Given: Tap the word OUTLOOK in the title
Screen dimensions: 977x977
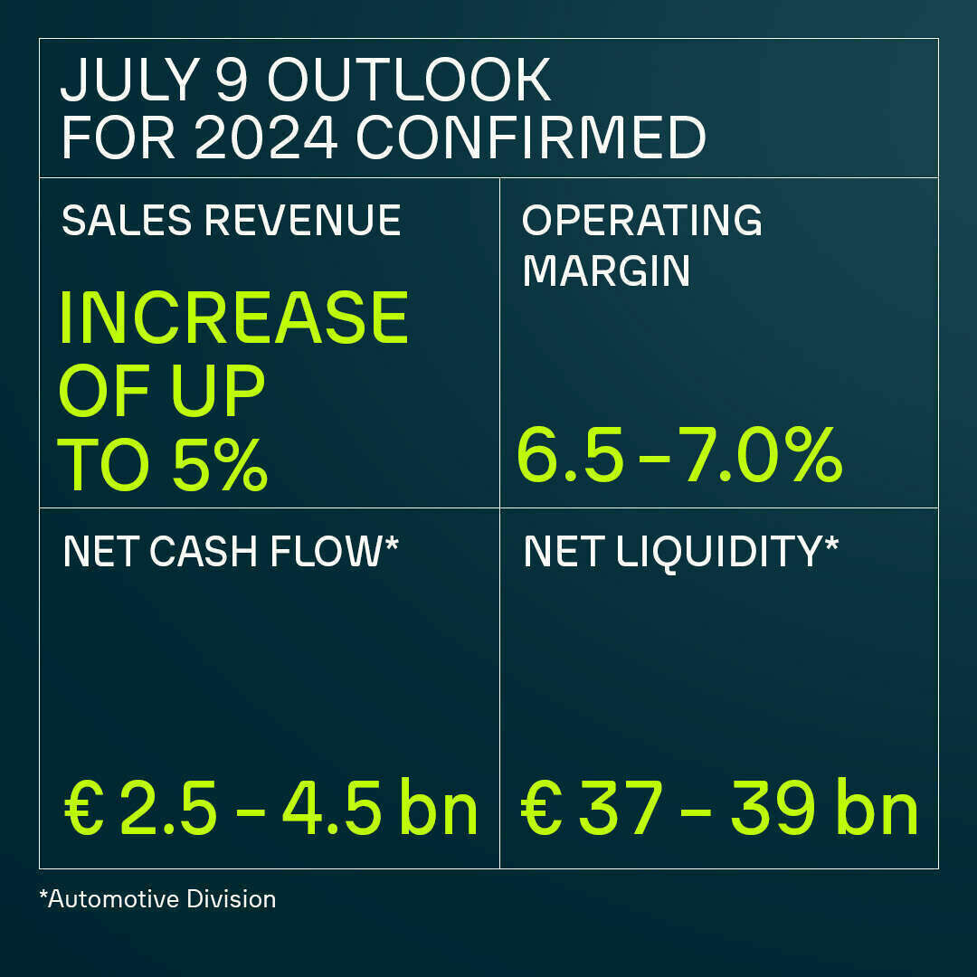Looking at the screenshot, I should tap(409, 81).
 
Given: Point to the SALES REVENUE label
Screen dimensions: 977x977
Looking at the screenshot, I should tap(231, 221).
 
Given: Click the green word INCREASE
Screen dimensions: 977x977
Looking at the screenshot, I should tap(233, 318).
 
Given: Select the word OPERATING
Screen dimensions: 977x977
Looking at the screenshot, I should tap(642, 221).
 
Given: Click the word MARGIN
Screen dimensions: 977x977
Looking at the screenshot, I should tap(606, 270).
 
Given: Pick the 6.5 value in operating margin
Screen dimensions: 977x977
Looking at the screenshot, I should tap(570, 457).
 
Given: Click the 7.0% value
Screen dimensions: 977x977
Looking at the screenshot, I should tap(756, 457).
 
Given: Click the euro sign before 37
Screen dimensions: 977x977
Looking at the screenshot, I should tap(539, 811).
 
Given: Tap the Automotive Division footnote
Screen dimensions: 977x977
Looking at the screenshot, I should tap(157, 899).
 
